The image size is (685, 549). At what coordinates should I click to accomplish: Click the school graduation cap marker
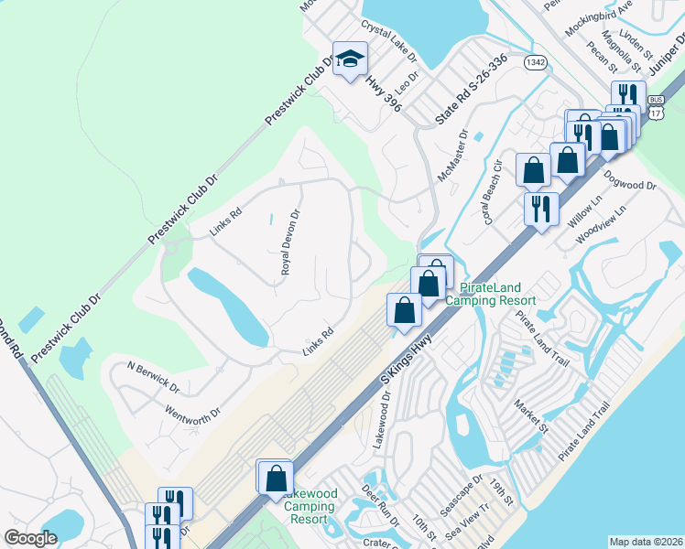click(349, 60)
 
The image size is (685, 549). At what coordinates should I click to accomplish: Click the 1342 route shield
click(536, 62)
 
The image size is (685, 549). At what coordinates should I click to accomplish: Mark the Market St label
click(529, 415)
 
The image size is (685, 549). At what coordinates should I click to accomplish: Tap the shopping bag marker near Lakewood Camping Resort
click(275, 478)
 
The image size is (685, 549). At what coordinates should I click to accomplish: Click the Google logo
click(31, 538)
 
